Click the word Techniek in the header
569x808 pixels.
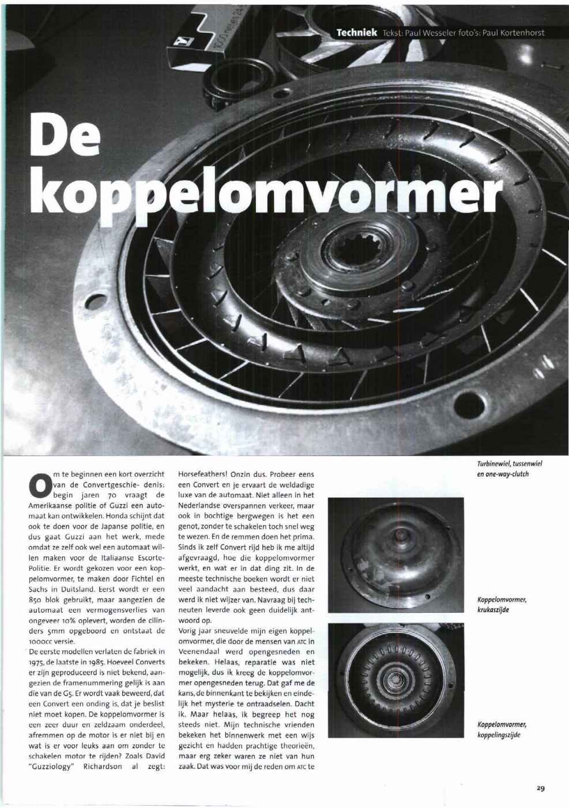tap(357, 33)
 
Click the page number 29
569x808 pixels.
tap(541, 788)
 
